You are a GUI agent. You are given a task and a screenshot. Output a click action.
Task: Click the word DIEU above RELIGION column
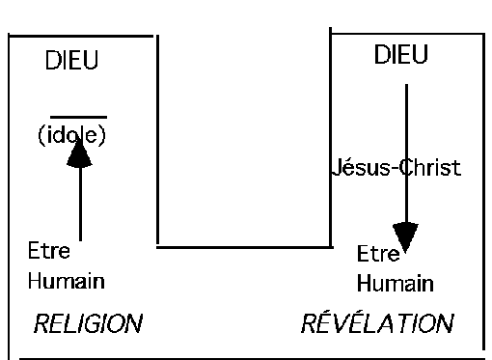click(x=72, y=63)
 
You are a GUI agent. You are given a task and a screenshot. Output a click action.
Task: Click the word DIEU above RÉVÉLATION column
click(x=400, y=56)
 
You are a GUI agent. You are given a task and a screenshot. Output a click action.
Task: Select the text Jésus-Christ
click(x=396, y=168)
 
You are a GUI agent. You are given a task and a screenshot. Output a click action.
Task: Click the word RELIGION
click(x=88, y=323)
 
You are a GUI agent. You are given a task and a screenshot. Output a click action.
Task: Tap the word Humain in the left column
click(x=66, y=282)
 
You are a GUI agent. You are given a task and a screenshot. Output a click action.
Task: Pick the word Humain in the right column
click(x=395, y=285)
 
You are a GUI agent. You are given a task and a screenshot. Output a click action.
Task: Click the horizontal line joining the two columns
click(x=243, y=246)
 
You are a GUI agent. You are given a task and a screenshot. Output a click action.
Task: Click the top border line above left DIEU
click(x=82, y=36)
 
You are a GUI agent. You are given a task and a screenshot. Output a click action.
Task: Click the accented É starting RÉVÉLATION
click(x=325, y=322)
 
